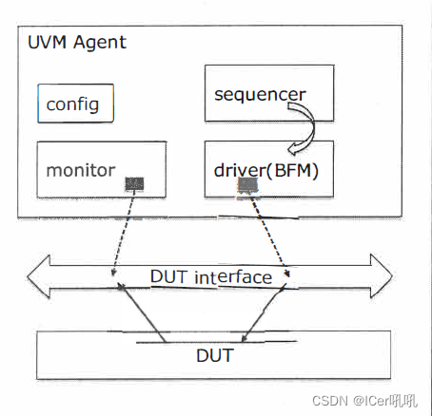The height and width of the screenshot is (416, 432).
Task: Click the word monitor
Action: tap(81, 171)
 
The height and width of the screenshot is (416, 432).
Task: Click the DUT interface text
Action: tap(212, 277)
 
